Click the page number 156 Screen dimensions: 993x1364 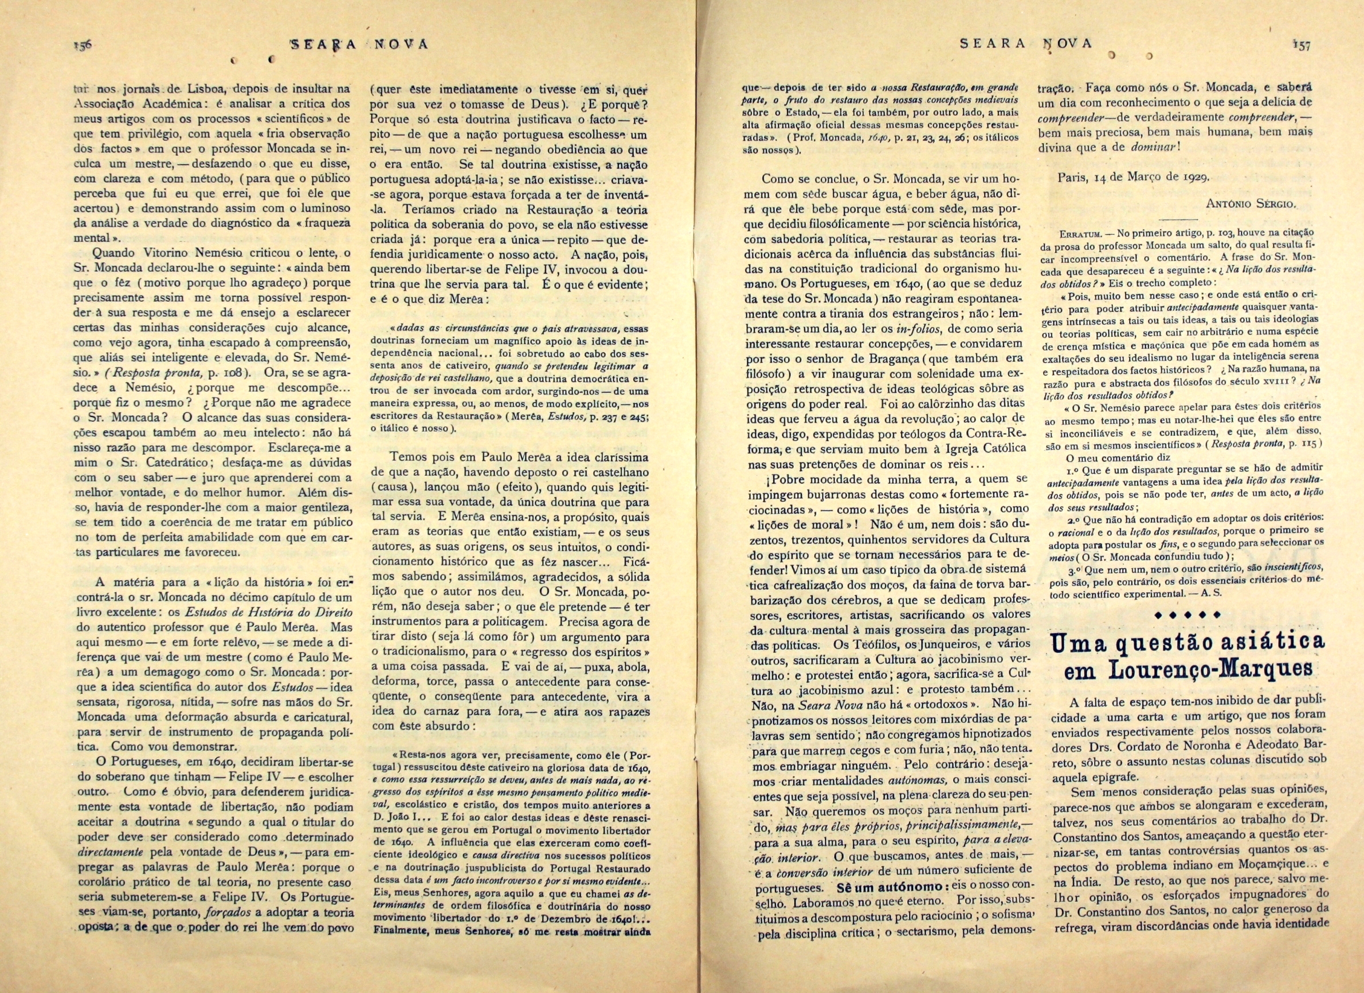(x=81, y=45)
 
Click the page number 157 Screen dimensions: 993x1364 (x=1300, y=46)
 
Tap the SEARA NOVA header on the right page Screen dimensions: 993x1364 (x=1025, y=44)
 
